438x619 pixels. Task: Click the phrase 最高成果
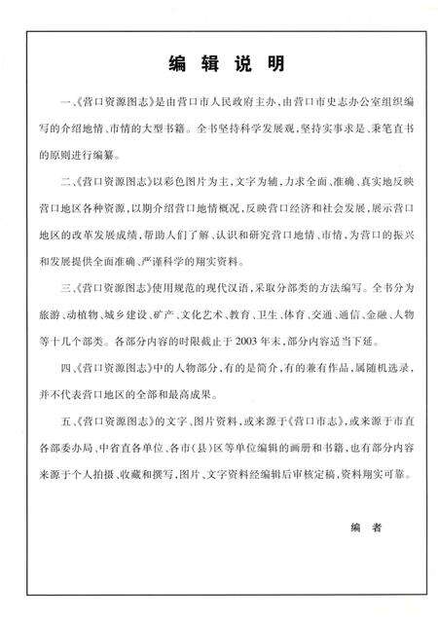(x=219, y=391)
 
